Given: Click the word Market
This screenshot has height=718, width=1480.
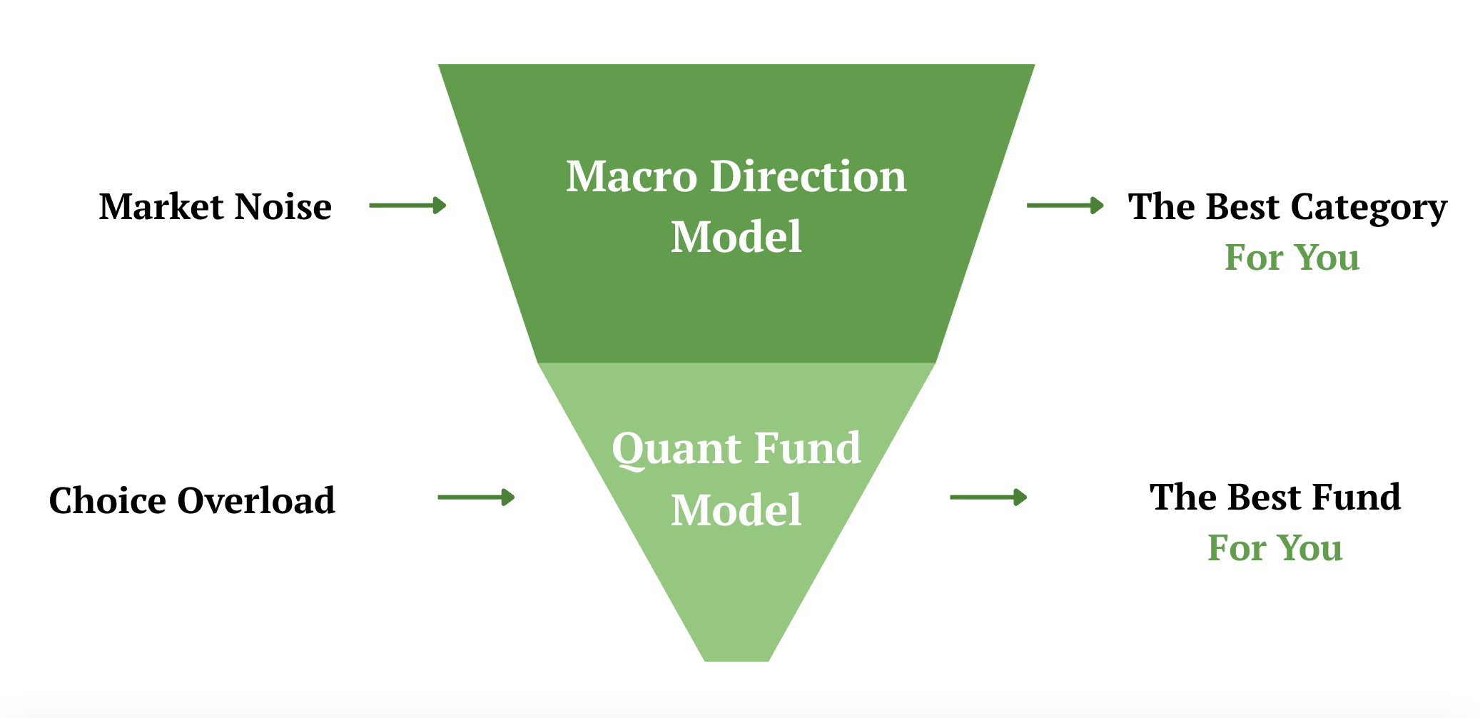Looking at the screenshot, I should tap(161, 207).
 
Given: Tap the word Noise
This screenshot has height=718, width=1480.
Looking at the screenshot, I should tap(283, 207).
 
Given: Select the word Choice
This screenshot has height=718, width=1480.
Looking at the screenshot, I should tap(108, 500).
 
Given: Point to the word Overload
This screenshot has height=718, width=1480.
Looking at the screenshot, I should tap(256, 500).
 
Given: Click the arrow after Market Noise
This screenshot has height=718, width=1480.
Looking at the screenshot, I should tap(407, 206).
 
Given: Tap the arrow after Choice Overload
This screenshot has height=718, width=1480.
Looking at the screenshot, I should tap(476, 497).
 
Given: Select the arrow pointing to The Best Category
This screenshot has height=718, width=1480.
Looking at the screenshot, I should tap(1065, 206).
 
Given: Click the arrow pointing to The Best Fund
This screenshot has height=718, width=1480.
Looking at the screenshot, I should tap(988, 497).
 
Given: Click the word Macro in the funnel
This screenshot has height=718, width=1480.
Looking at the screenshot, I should tap(632, 176).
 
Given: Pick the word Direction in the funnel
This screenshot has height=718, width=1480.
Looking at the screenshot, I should tap(808, 176).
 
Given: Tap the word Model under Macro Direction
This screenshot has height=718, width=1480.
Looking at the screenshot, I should tap(736, 237).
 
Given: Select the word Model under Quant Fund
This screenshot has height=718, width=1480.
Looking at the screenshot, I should tap(736, 510).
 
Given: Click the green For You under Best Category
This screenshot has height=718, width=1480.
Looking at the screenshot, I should tap(1292, 258).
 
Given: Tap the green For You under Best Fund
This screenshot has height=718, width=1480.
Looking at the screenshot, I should tap(1274, 548).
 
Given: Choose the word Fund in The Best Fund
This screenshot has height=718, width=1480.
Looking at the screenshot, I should tap(1357, 497).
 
